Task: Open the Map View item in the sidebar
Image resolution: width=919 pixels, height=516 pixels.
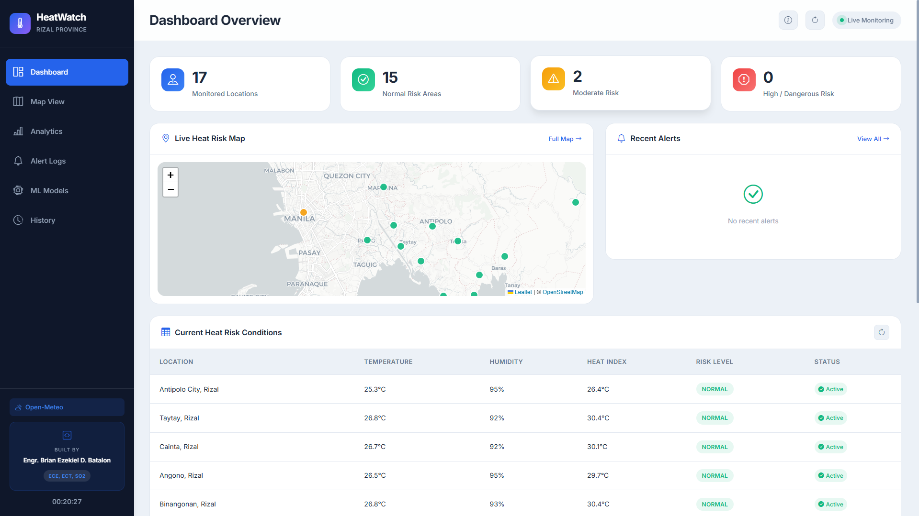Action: point(67,102)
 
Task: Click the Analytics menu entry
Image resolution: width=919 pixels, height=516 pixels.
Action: point(67,132)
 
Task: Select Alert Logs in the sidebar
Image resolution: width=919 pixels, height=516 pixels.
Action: point(67,161)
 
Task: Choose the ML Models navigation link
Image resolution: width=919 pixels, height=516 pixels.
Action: point(67,191)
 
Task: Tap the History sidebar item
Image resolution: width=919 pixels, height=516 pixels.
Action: point(67,220)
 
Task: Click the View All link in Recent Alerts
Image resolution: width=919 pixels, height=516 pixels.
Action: point(873,139)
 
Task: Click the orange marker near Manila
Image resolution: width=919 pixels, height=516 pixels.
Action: point(304,212)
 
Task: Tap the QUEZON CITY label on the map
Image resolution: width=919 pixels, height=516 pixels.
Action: point(347,176)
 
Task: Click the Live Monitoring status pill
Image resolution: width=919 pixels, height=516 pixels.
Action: point(867,20)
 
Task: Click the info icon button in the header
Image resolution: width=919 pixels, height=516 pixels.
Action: point(788,20)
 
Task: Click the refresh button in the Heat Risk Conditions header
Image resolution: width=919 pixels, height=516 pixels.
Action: point(882,332)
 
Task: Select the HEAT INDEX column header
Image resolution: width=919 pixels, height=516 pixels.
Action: point(607,362)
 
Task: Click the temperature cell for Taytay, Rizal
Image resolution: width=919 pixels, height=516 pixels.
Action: point(375,418)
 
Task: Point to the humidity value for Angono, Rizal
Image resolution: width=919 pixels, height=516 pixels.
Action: point(497,475)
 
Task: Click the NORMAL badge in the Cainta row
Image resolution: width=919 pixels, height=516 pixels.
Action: point(715,447)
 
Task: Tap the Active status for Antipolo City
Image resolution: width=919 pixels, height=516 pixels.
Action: point(831,389)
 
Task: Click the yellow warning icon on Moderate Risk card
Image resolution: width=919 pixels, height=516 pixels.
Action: point(554,79)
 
